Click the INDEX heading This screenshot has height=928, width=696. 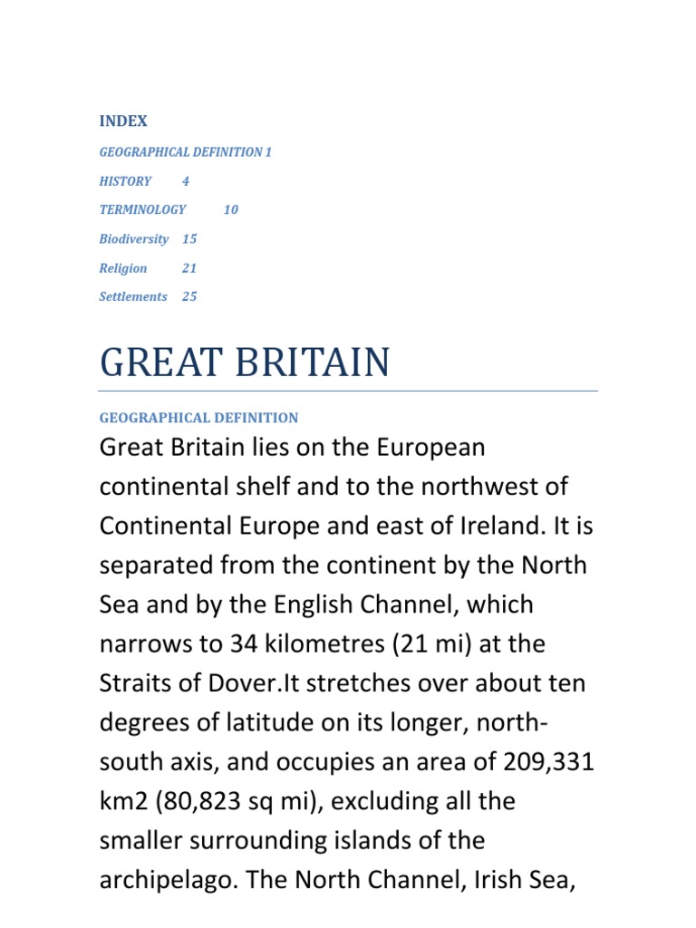(x=123, y=121)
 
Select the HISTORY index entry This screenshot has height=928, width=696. (x=125, y=181)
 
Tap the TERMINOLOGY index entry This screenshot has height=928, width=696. (x=142, y=209)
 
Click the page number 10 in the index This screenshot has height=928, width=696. (x=230, y=209)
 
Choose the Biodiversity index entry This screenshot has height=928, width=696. (x=133, y=239)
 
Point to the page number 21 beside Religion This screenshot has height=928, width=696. (x=188, y=268)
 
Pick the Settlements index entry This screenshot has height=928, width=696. (x=133, y=296)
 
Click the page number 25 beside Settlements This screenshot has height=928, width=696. (x=188, y=296)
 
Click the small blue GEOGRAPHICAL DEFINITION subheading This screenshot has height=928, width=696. (x=198, y=418)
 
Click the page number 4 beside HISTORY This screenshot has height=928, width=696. (x=186, y=181)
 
